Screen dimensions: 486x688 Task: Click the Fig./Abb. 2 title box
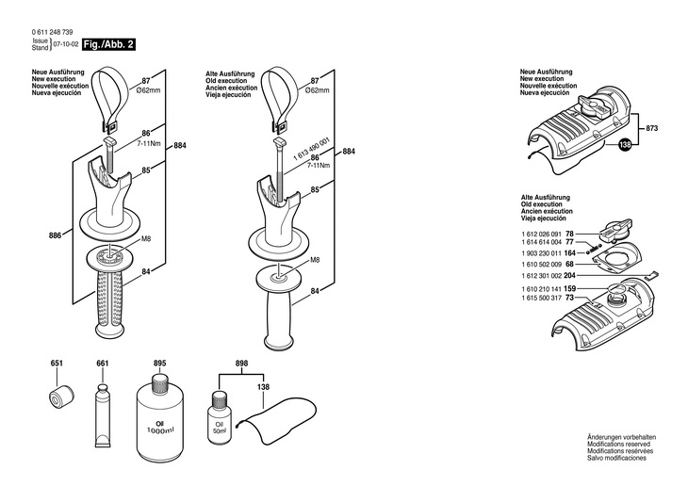pos(108,43)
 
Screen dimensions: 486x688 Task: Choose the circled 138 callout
pos(624,145)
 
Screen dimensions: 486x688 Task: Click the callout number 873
pos(652,126)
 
